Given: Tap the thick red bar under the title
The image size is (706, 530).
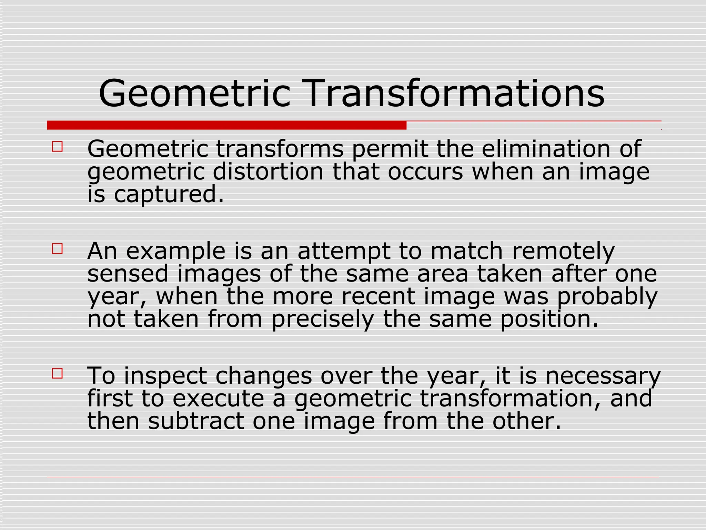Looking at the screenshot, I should pos(226,125).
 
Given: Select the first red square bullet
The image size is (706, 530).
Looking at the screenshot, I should pos(57,147).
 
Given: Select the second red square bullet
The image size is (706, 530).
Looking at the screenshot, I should pos(57,249).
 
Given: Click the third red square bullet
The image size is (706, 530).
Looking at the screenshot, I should pos(57,373).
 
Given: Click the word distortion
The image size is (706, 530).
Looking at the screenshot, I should pos(268,172).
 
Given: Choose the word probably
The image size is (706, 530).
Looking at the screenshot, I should pos(607,297).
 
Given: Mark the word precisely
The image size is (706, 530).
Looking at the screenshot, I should pos(322,320).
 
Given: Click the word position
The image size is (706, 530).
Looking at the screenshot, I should pos(549,320).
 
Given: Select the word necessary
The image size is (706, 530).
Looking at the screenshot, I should pos(603,376).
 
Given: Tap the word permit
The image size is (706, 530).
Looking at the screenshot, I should pos(389,149).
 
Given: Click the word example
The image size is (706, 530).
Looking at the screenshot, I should pos(176,251).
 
